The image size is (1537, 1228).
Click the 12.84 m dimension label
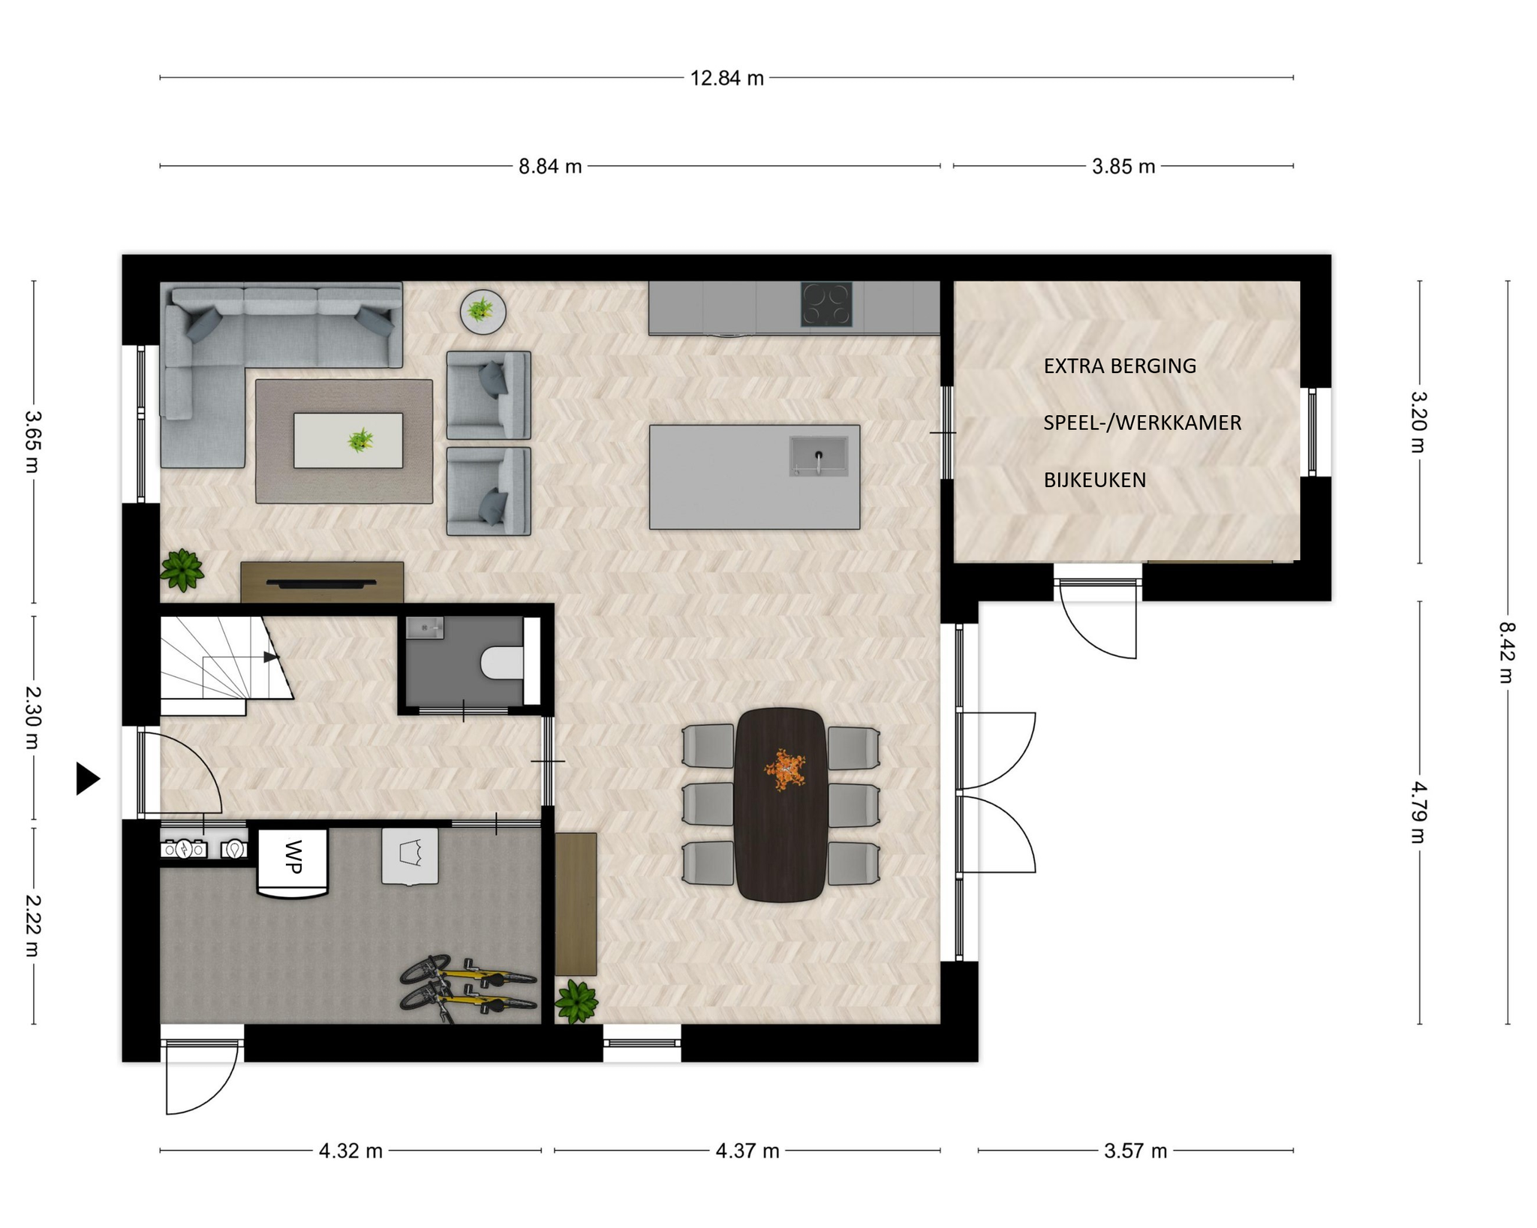pos(726,78)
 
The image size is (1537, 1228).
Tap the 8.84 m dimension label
pos(550,167)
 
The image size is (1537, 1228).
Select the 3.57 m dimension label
pos(1135,1151)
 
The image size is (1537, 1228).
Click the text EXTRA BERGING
pos(1120,366)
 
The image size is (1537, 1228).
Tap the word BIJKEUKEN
pos(1095,480)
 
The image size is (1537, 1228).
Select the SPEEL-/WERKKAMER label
pos(1142,423)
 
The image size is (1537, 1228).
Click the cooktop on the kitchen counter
pos(826,304)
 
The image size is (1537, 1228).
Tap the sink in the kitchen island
pos(818,456)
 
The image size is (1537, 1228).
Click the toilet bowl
pos(502,662)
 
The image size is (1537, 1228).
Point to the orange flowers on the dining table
pos(784,770)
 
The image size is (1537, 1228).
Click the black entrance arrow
pos(88,778)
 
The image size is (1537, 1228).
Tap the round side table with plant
pos(483,312)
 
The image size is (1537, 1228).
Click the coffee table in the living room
pos(347,441)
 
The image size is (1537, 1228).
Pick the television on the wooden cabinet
pos(322,583)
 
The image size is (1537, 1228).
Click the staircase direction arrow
pos(272,658)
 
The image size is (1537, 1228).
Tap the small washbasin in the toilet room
pos(425,628)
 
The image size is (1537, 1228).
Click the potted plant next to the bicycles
pos(576,1001)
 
